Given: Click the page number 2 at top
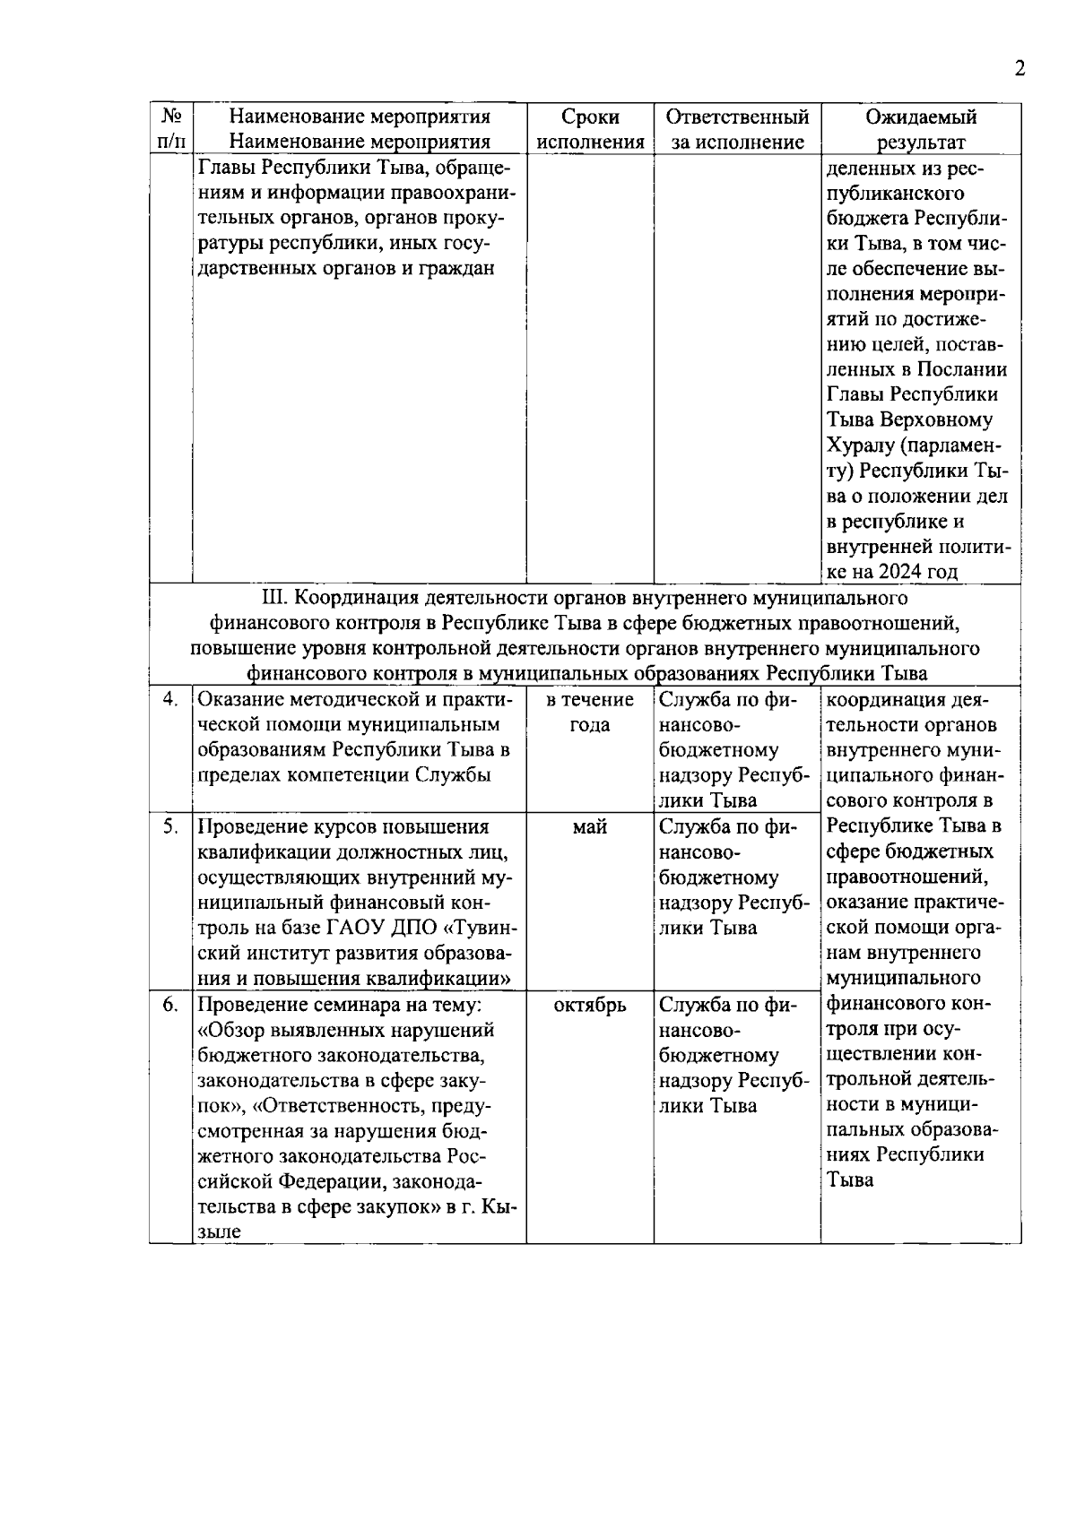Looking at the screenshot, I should [x=1019, y=70].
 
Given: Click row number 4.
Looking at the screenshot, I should [x=170, y=700].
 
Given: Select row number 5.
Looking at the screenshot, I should [x=170, y=827].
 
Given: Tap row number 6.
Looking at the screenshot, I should [x=170, y=1006].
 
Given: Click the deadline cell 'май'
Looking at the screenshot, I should [x=589, y=827].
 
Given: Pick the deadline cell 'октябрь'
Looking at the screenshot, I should [x=589, y=1006].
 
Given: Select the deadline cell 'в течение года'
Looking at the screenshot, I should [x=589, y=713].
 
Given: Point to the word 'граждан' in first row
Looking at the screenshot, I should [x=459, y=268].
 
